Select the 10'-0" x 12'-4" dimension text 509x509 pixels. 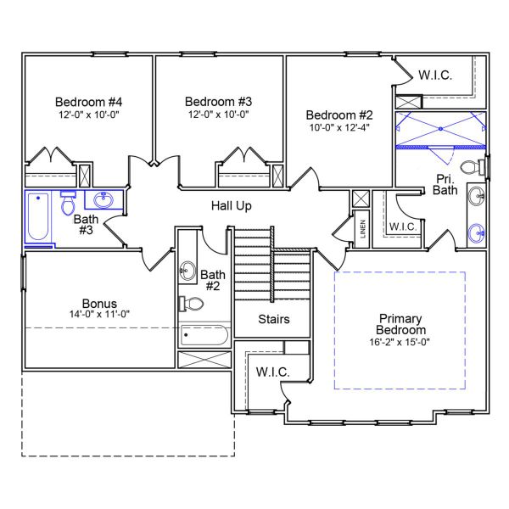point(338,128)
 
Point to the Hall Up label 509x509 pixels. point(231,205)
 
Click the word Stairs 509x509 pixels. point(274,320)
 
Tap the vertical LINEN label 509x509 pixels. point(362,229)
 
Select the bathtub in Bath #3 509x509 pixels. point(36,217)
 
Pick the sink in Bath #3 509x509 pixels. point(103,201)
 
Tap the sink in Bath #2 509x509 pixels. point(187,271)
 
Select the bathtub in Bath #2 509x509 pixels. point(204,336)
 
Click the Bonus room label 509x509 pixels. point(99,303)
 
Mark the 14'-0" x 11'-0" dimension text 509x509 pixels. point(99,315)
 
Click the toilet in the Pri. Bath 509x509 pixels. point(469,165)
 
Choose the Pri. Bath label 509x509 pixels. point(444,184)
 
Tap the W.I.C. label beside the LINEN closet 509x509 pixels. point(402,227)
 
